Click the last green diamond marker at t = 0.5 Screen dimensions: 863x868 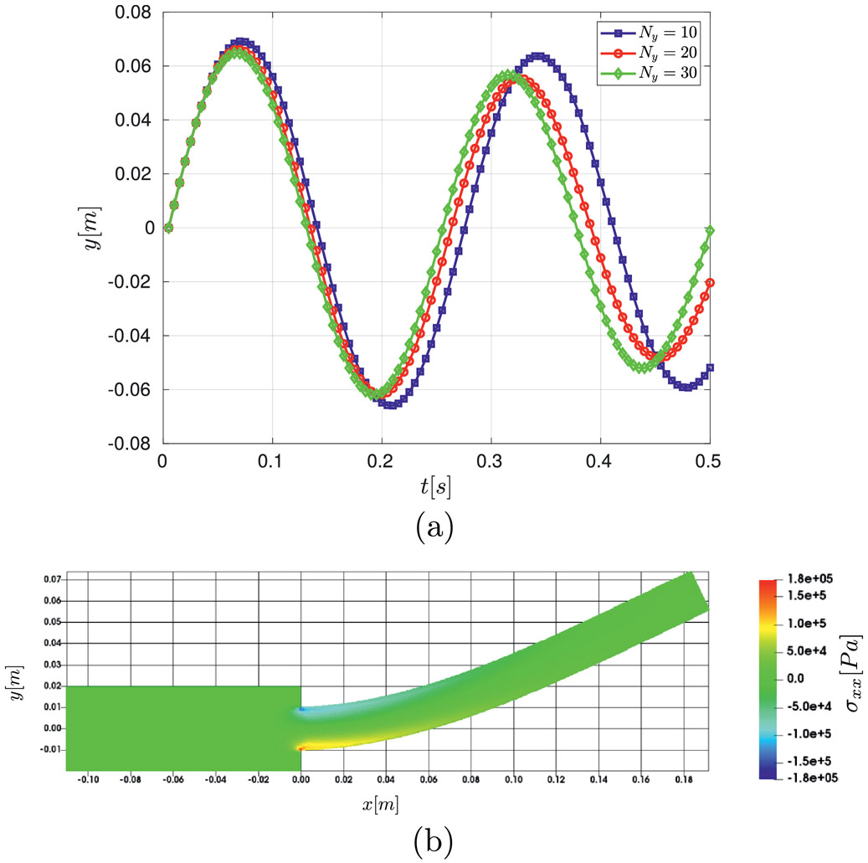click(x=710, y=230)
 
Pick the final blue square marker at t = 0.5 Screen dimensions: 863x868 click(x=710, y=367)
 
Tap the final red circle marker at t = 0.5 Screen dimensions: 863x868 click(x=710, y=282)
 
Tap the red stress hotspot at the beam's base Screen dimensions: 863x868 click(x=305, y=747)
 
